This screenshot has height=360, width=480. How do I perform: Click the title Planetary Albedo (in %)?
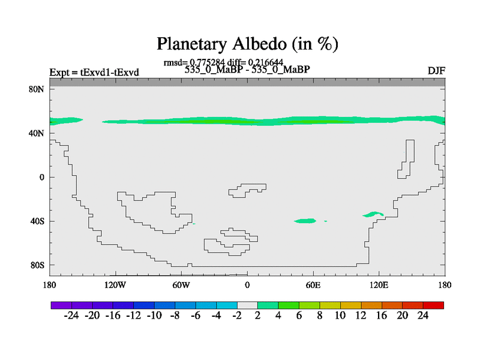click(x=247, y=44)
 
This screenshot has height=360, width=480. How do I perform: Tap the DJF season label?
click(x=435, y=72)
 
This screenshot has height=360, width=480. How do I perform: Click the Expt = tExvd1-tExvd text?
click(x=94, y=73)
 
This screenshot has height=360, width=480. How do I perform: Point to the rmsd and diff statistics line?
click(x=223, y=62)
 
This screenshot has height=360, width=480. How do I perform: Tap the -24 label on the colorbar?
click(x=72, y=316)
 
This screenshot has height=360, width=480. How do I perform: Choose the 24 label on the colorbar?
click(x=423, y=316)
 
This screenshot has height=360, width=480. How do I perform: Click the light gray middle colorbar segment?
click(x=247, y=305)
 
